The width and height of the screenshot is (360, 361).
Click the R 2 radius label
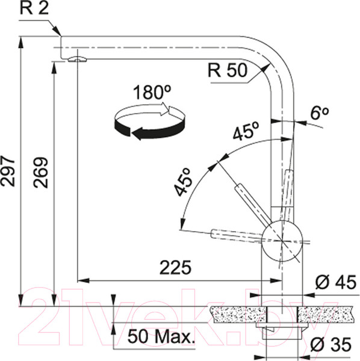[x=34, y=8]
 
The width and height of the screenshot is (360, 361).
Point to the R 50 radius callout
[x=228, y=70]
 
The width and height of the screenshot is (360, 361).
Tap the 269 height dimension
[x=40, y=173]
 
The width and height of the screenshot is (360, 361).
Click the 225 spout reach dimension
[x=176, y=268]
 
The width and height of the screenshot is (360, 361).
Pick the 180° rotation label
[x=152, y=92]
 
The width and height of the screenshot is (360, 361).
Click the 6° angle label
[x=320, y=113]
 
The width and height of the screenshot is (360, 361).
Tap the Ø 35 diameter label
[x=331, y=344]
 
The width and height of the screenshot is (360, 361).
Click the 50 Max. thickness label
[x=161, y=336]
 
